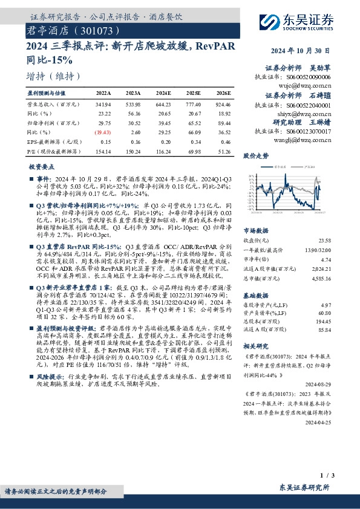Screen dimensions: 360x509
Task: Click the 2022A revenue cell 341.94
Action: pyautogui.click(x=103, y=104)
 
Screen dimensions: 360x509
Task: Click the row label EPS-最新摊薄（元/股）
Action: pyautogui.click(x=51, y=140)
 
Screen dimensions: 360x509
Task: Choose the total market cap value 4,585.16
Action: pyautogui.click(x=321, y=278)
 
